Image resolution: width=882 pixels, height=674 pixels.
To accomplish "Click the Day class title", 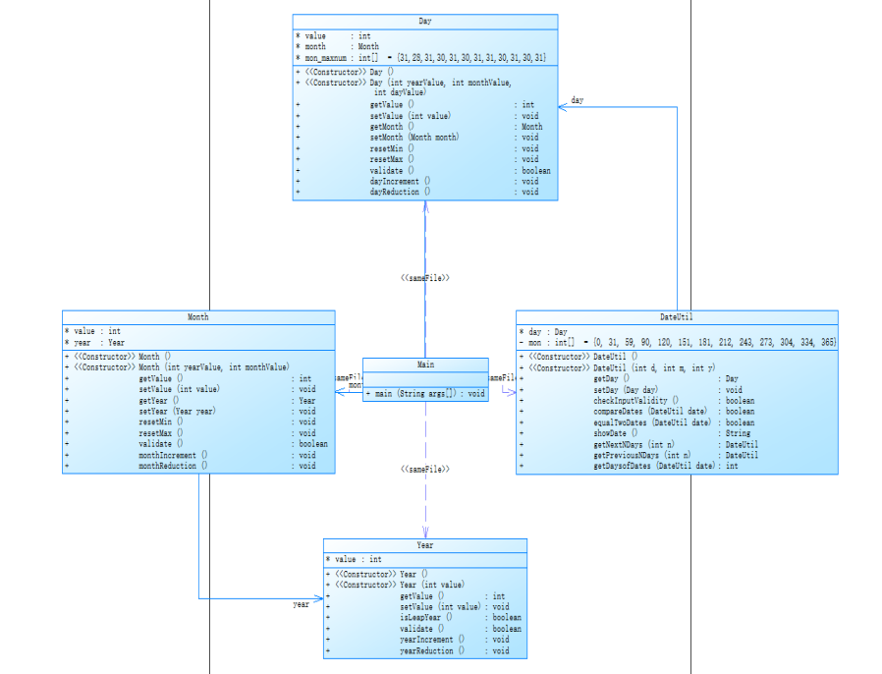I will point(424,21).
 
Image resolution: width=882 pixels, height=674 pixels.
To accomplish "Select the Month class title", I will point(197,317).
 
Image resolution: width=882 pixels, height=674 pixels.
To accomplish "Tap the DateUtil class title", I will point(676,317).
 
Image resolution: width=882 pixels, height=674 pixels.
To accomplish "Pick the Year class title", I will point(424,545).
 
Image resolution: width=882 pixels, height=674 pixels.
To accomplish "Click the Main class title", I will point(424,365).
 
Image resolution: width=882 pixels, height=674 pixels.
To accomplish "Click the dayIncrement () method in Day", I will point(395,182).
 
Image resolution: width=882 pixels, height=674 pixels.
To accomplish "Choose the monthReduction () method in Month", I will point(173,466).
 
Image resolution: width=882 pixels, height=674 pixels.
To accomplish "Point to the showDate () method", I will point(615,433).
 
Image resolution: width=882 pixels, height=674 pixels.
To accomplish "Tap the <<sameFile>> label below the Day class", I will point(424,278).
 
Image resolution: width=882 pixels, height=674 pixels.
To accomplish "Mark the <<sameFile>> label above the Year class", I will point(424,470).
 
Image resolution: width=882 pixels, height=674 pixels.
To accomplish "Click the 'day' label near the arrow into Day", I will point(577,100).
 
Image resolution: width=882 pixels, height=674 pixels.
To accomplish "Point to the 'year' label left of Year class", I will point(301,604).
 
